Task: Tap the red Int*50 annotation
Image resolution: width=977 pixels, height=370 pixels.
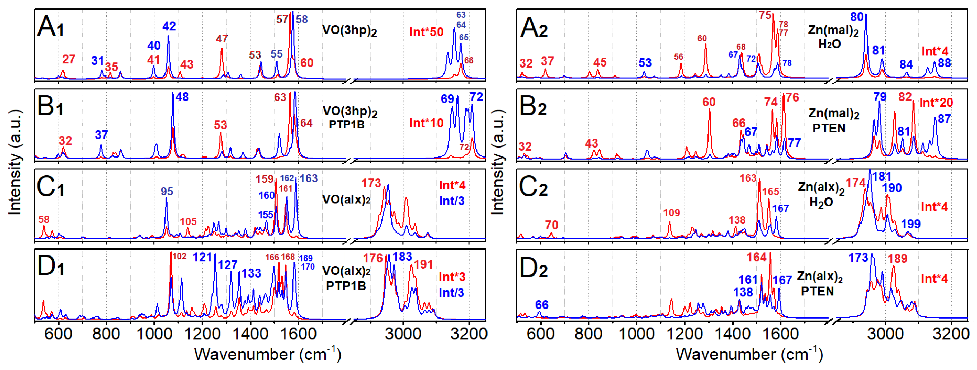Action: (x=426, y=32)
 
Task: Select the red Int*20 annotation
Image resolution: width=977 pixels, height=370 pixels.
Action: (x=936, y=102)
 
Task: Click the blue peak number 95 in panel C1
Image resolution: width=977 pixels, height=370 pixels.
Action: (x=167, y=191)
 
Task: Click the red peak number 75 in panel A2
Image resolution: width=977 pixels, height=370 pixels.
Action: (x=765, y=16)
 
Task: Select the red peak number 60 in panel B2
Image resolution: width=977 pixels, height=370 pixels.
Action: (x=709, y=102)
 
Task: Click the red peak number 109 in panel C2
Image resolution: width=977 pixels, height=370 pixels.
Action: (x=671, y=213)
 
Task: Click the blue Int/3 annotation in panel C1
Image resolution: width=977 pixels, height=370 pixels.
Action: (x=452, y=201)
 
